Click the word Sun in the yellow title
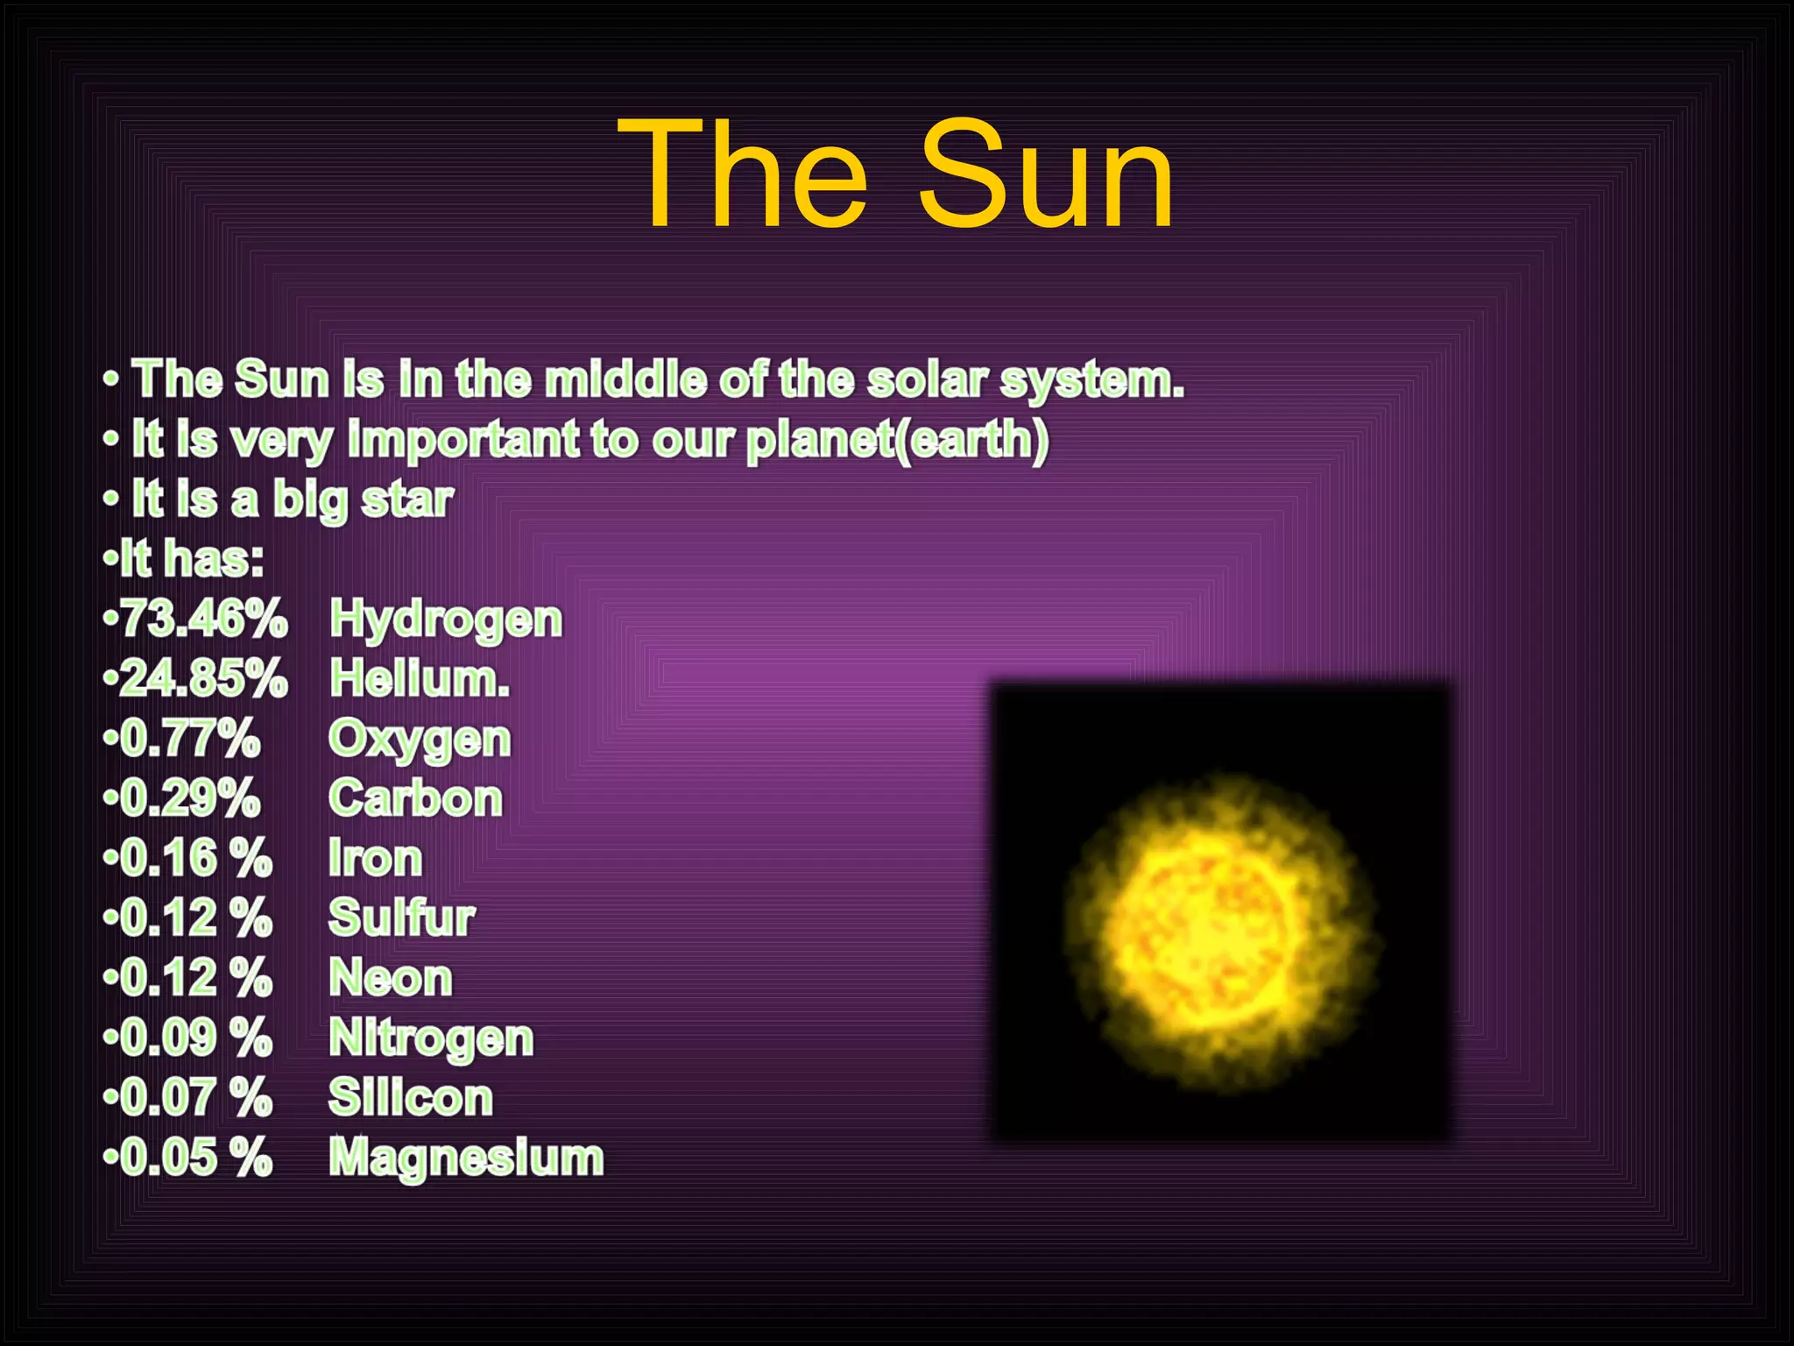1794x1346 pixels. (1046, 175)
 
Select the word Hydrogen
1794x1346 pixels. (446, 620)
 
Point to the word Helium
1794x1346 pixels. (420, 679)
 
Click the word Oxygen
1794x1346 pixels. (420, 740)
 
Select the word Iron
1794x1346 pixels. (375, 859)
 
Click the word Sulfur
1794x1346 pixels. (401, 918)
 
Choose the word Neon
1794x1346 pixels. (391, 978)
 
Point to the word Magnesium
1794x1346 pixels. (466, 1158)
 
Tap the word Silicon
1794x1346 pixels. (411, 1098)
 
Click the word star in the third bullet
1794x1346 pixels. (407, 499)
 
